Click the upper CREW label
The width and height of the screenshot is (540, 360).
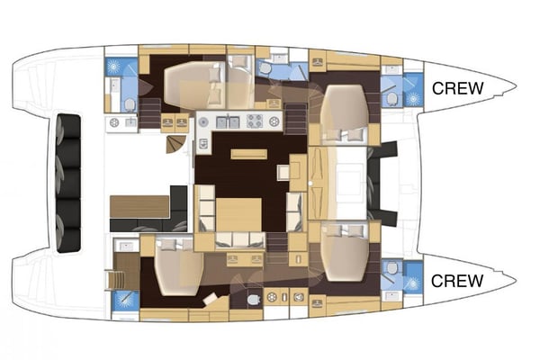458,88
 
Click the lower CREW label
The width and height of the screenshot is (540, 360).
458,280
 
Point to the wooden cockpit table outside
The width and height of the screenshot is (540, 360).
139,206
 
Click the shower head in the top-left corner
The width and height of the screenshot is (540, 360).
115,67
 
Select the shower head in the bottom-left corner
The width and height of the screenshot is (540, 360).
125,301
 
